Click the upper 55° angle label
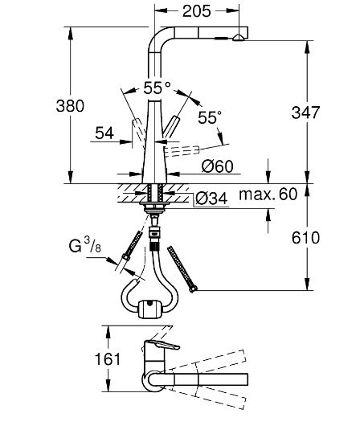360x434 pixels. coord(157,87)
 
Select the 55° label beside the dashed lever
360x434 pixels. coord(209,118)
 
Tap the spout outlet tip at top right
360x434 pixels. coord(239,38)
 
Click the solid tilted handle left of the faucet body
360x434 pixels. coord(140,127)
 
